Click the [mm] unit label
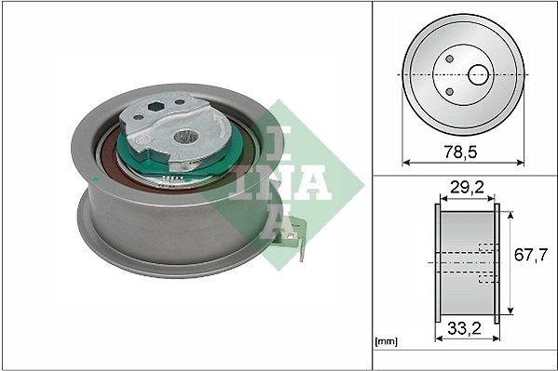(384, 342)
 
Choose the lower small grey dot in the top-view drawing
(453, 90)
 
